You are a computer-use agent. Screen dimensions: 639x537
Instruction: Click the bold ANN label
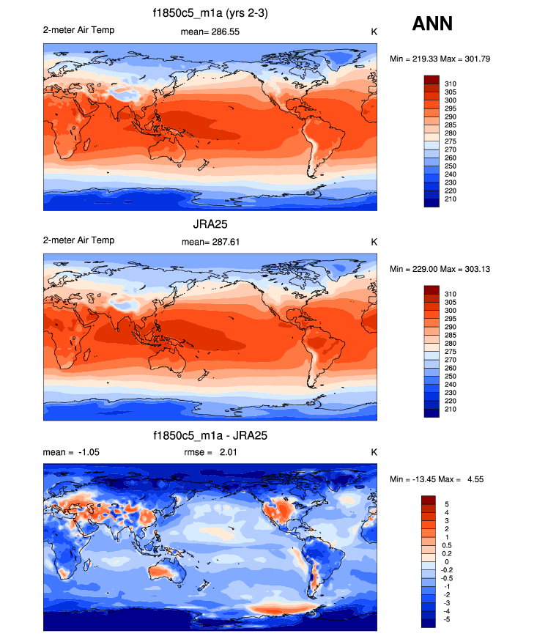432,24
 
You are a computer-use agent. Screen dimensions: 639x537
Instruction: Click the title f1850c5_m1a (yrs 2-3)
210,15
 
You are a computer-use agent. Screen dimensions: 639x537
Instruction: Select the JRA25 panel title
210,226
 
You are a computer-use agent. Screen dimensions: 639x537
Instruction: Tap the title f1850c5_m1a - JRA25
210,435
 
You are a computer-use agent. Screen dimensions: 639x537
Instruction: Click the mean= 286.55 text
210,32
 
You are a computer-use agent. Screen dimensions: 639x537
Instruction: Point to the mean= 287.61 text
210,242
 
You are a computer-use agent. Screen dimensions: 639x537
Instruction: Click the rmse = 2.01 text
210,452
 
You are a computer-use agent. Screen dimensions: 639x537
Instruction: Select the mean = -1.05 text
71,452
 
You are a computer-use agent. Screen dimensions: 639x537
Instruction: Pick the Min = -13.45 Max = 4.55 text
437,479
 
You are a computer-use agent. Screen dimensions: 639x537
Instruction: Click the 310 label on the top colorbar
451,84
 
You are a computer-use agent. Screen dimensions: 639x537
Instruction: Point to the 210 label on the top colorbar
451,199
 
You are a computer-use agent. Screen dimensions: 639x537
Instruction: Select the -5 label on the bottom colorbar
448,618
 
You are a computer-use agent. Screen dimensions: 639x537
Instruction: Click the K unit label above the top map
374,32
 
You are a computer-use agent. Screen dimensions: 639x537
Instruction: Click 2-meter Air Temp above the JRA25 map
78,240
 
